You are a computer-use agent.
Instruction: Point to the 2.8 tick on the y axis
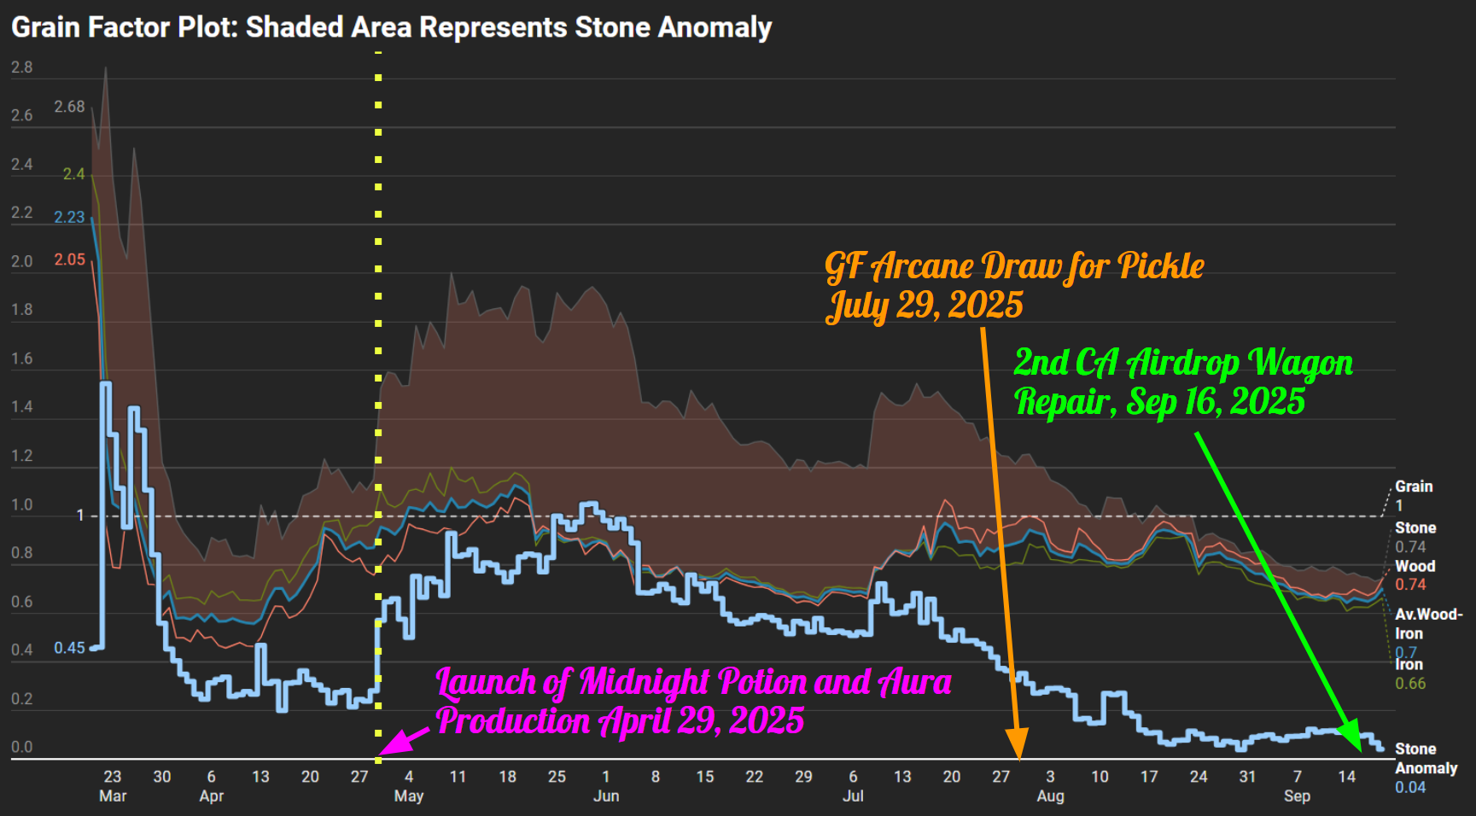coord(22,67)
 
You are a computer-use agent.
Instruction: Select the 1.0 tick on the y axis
coord(22,504)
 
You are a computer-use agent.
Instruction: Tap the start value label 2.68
coord(69,107)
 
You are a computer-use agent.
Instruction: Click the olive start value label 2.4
coord(73,174)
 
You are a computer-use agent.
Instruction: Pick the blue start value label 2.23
coord(69,217)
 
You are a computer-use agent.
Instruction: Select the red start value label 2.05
coord(69,259)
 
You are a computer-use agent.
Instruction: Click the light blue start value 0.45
coord(69,648)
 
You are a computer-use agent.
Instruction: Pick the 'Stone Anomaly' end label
coord(1425,758)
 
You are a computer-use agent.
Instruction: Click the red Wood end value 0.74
coord(1410,585)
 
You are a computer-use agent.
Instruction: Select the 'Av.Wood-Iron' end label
coord(1427,623)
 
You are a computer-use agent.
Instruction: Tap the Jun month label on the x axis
coord(606,796)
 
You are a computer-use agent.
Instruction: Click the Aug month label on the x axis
coord(1050,796)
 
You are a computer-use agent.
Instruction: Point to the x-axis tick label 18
coord(507,777)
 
